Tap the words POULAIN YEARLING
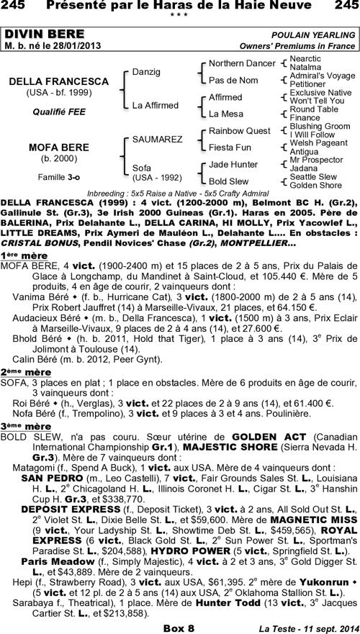313,35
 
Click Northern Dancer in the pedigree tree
241,63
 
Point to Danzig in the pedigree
146,73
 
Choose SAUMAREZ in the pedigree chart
157,139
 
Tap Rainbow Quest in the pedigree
239,130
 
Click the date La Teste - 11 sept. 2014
305,628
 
